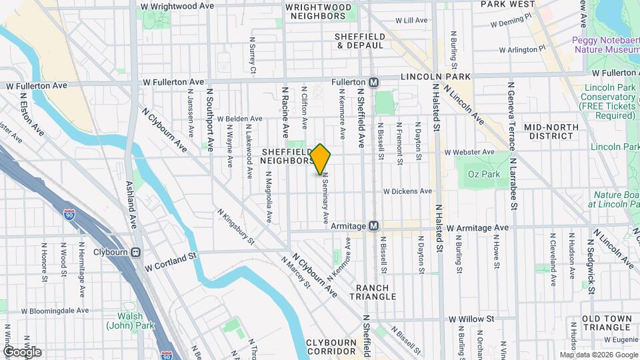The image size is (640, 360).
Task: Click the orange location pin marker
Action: (321, 159)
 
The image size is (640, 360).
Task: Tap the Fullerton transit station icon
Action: (374, 82)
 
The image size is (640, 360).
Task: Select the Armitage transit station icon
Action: (374, 227)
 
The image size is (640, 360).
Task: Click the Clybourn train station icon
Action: (136, 253)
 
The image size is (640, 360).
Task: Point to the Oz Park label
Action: (480, 175)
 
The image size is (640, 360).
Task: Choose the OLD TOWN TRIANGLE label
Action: (606, 323)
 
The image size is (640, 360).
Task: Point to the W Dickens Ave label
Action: (407, 191)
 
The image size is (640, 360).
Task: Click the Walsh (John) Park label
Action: (125, 321)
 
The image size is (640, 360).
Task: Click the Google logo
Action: (22, 352)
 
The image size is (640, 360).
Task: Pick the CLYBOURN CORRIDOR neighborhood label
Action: (331, 346)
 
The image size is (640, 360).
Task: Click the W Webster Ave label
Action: (469, 152)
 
